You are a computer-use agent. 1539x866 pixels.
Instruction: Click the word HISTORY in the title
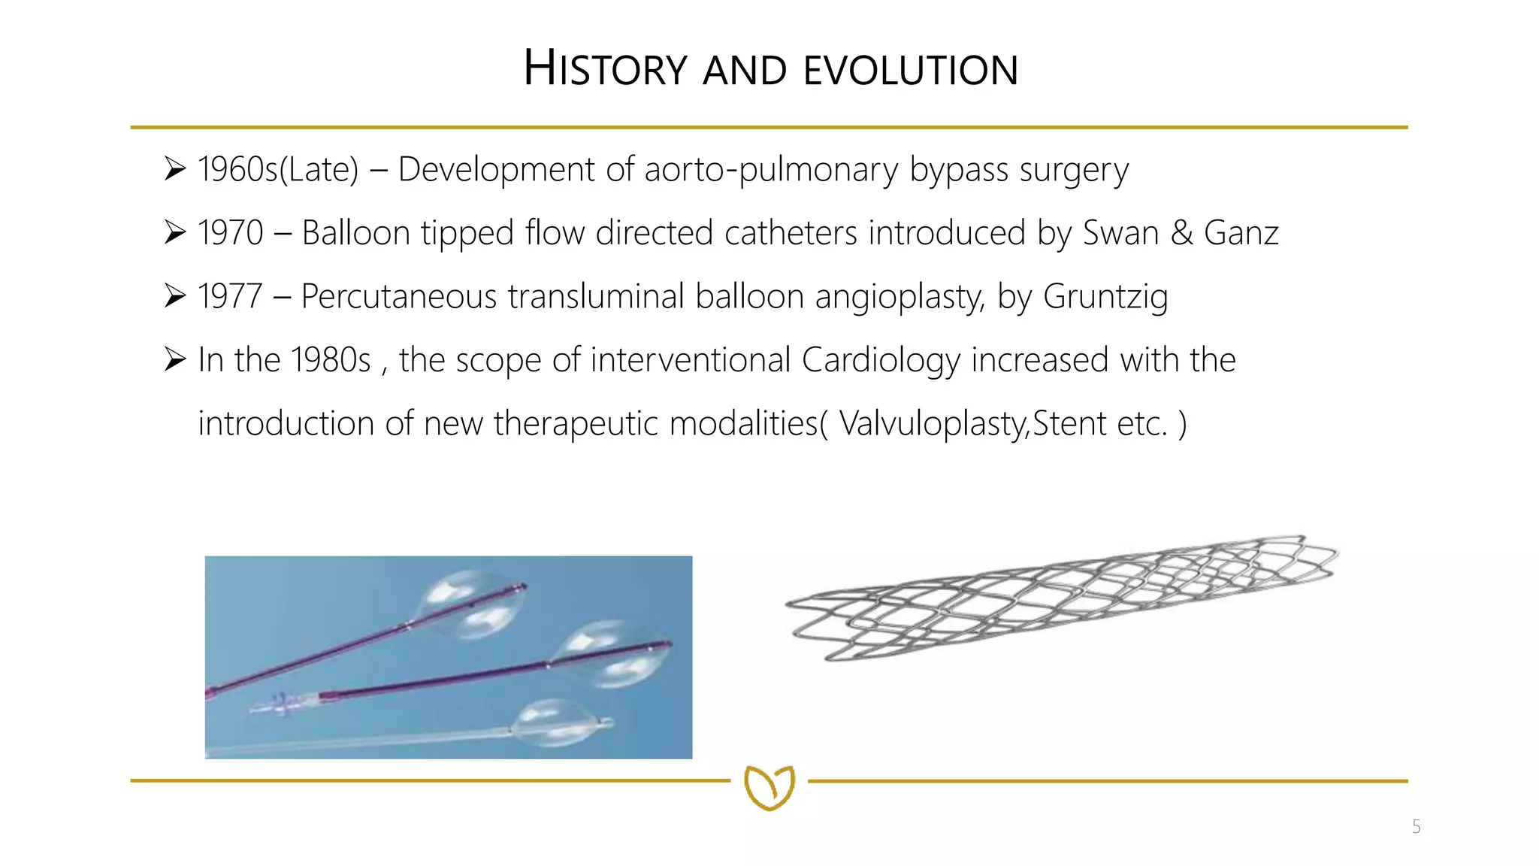coord(605,69)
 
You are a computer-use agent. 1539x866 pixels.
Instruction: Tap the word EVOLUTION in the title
coord(911,71)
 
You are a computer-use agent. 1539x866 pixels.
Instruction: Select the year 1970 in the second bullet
coord(230,233)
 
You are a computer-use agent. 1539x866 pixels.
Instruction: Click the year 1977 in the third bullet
coord(230,296)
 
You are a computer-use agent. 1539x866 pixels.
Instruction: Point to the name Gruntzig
coord(1105,296)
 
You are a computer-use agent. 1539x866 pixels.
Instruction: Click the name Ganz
coord(1241,233)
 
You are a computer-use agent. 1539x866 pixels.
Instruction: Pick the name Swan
coord(1120,233)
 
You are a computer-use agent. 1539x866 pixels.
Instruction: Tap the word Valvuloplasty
coord(933,423)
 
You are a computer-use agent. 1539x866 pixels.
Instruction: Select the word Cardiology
coord(881,360)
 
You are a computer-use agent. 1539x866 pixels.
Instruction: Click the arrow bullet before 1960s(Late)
coord(175,170)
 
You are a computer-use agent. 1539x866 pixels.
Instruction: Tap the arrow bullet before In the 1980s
coord(175,360)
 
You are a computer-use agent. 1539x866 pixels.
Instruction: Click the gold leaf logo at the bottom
coord(769,787)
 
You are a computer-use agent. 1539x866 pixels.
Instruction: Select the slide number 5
coord(1416,827)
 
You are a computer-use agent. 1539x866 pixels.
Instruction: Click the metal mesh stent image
coord(1060,598)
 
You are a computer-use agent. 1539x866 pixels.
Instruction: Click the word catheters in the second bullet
coord(791,233)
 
